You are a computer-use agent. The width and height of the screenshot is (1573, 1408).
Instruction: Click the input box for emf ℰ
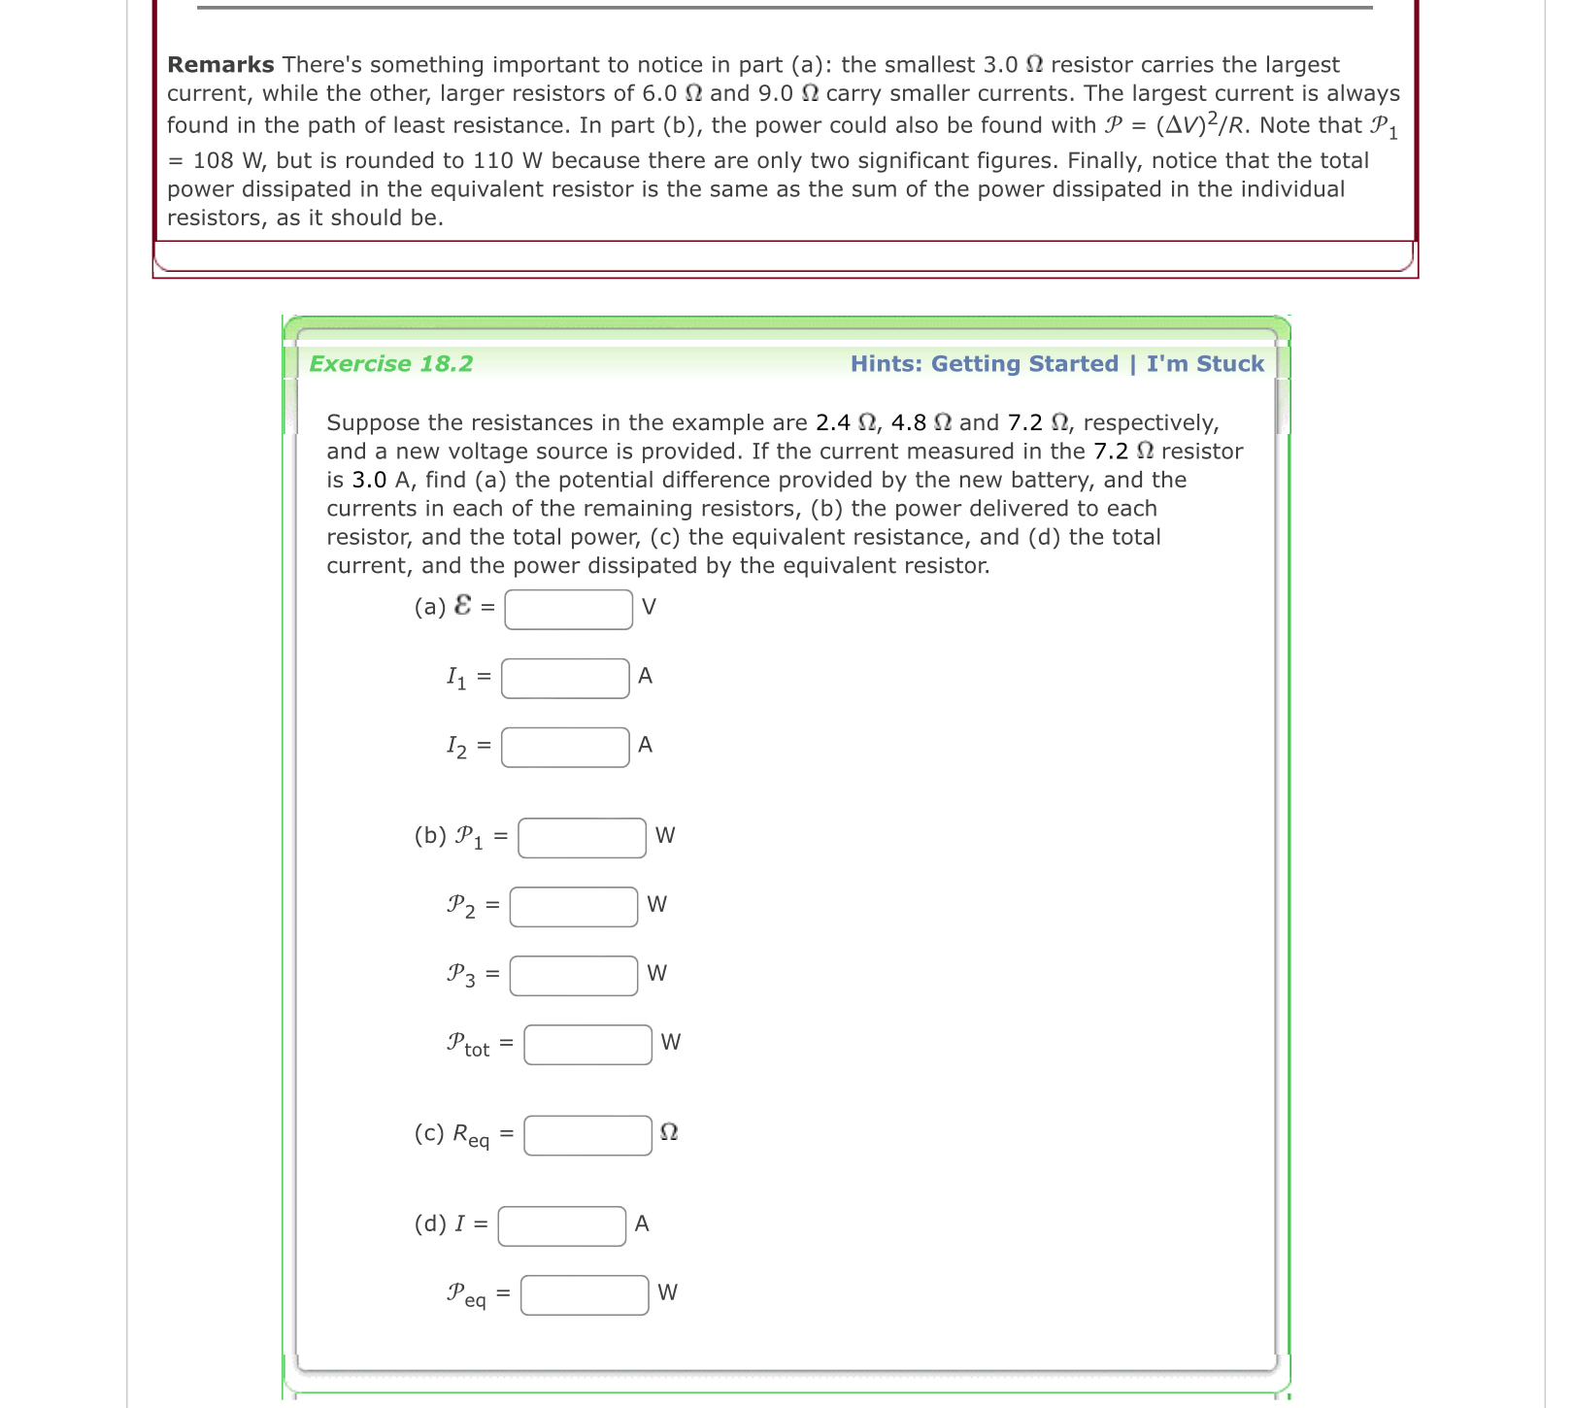(568, 610)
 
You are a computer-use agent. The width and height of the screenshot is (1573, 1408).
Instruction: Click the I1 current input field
(565, 679)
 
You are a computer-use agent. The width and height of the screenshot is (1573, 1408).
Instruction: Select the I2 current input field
(565, 748)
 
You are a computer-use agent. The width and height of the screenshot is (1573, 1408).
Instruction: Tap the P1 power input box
(582, 838)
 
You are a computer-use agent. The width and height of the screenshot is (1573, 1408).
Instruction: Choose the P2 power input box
(574, 907)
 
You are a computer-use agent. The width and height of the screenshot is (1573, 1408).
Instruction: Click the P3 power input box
(574, 976)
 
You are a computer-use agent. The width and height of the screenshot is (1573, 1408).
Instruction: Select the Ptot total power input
(587, 1045)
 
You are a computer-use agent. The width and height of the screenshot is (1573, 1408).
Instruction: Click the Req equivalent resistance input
(587, 1135)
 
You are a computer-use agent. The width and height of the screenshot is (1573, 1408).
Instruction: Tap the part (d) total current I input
(561, 1226)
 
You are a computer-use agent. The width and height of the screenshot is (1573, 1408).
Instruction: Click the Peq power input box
(584, 1295)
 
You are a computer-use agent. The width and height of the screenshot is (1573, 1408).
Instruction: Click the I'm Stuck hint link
(1205, 364)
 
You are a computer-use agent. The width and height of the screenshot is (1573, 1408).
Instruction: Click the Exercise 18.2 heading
(391, 364)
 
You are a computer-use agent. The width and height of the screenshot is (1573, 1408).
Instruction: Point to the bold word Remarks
(220, 65)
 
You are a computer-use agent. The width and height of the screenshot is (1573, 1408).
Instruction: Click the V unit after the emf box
(649, 608)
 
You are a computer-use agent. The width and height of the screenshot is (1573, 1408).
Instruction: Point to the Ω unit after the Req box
(668, 1133)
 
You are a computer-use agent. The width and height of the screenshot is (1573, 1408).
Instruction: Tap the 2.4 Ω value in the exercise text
(846, 423)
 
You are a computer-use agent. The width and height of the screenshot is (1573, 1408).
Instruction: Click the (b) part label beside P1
(430, 836)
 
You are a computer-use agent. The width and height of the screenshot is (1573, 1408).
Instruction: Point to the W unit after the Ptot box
(670, 1043)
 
